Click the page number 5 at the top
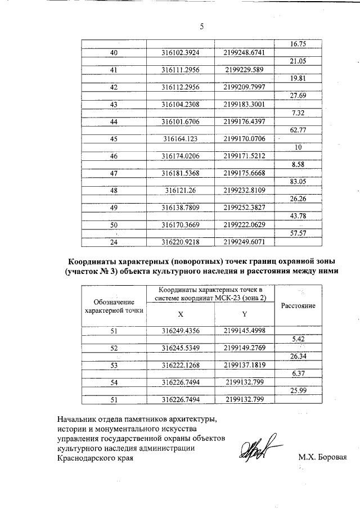coord(201,26)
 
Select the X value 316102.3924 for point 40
coord(181,53)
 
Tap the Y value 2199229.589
coord(243,70)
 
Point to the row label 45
coord(114,139)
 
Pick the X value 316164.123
coord(181,139)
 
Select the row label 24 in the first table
coord(114,242)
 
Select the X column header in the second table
coord(180,314)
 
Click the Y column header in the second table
coord(244,314)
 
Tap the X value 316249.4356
coord(181,331)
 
